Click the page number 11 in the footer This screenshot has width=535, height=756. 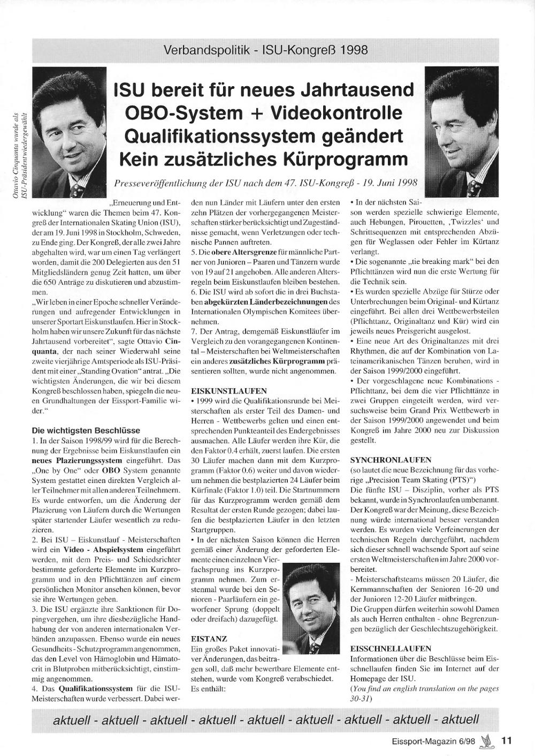click(x=506, y=741)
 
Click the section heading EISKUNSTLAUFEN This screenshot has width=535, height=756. click(x=220, y=391)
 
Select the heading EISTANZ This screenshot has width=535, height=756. click(x=209, y=639)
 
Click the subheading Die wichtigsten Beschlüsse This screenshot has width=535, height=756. click(x=86, y=430)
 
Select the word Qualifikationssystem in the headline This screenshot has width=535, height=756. click(x=221, y=136)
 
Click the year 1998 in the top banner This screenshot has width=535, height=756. click(x=354, y=50)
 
